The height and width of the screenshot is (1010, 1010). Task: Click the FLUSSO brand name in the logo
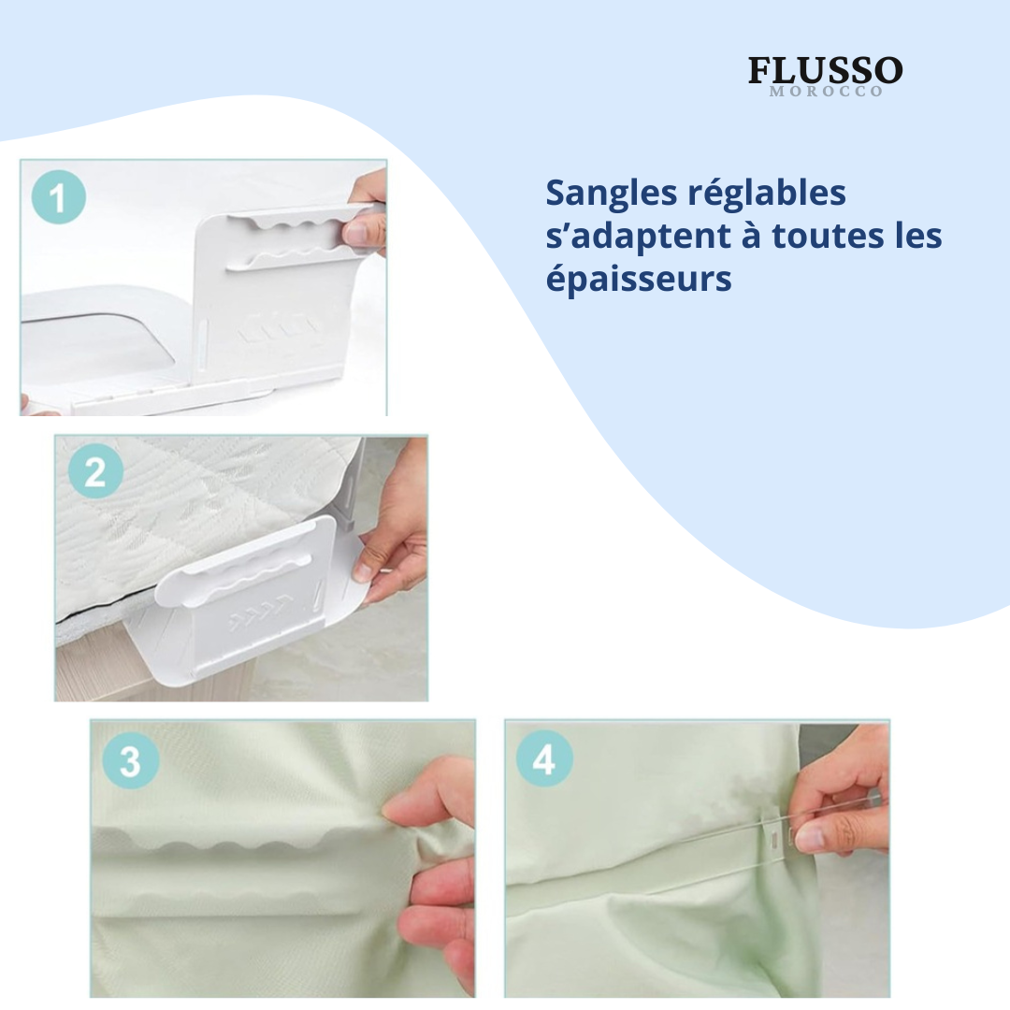click(x=825, y=71)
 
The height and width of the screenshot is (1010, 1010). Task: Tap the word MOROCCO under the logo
click(x=825, y=92)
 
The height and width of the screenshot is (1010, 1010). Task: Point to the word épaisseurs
click(x=638, y=279)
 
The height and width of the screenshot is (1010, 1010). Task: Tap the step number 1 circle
click(x=59, y=199)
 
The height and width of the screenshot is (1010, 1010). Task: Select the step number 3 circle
click(x=129, y=761)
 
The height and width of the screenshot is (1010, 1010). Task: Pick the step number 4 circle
click(x=544, y=760)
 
